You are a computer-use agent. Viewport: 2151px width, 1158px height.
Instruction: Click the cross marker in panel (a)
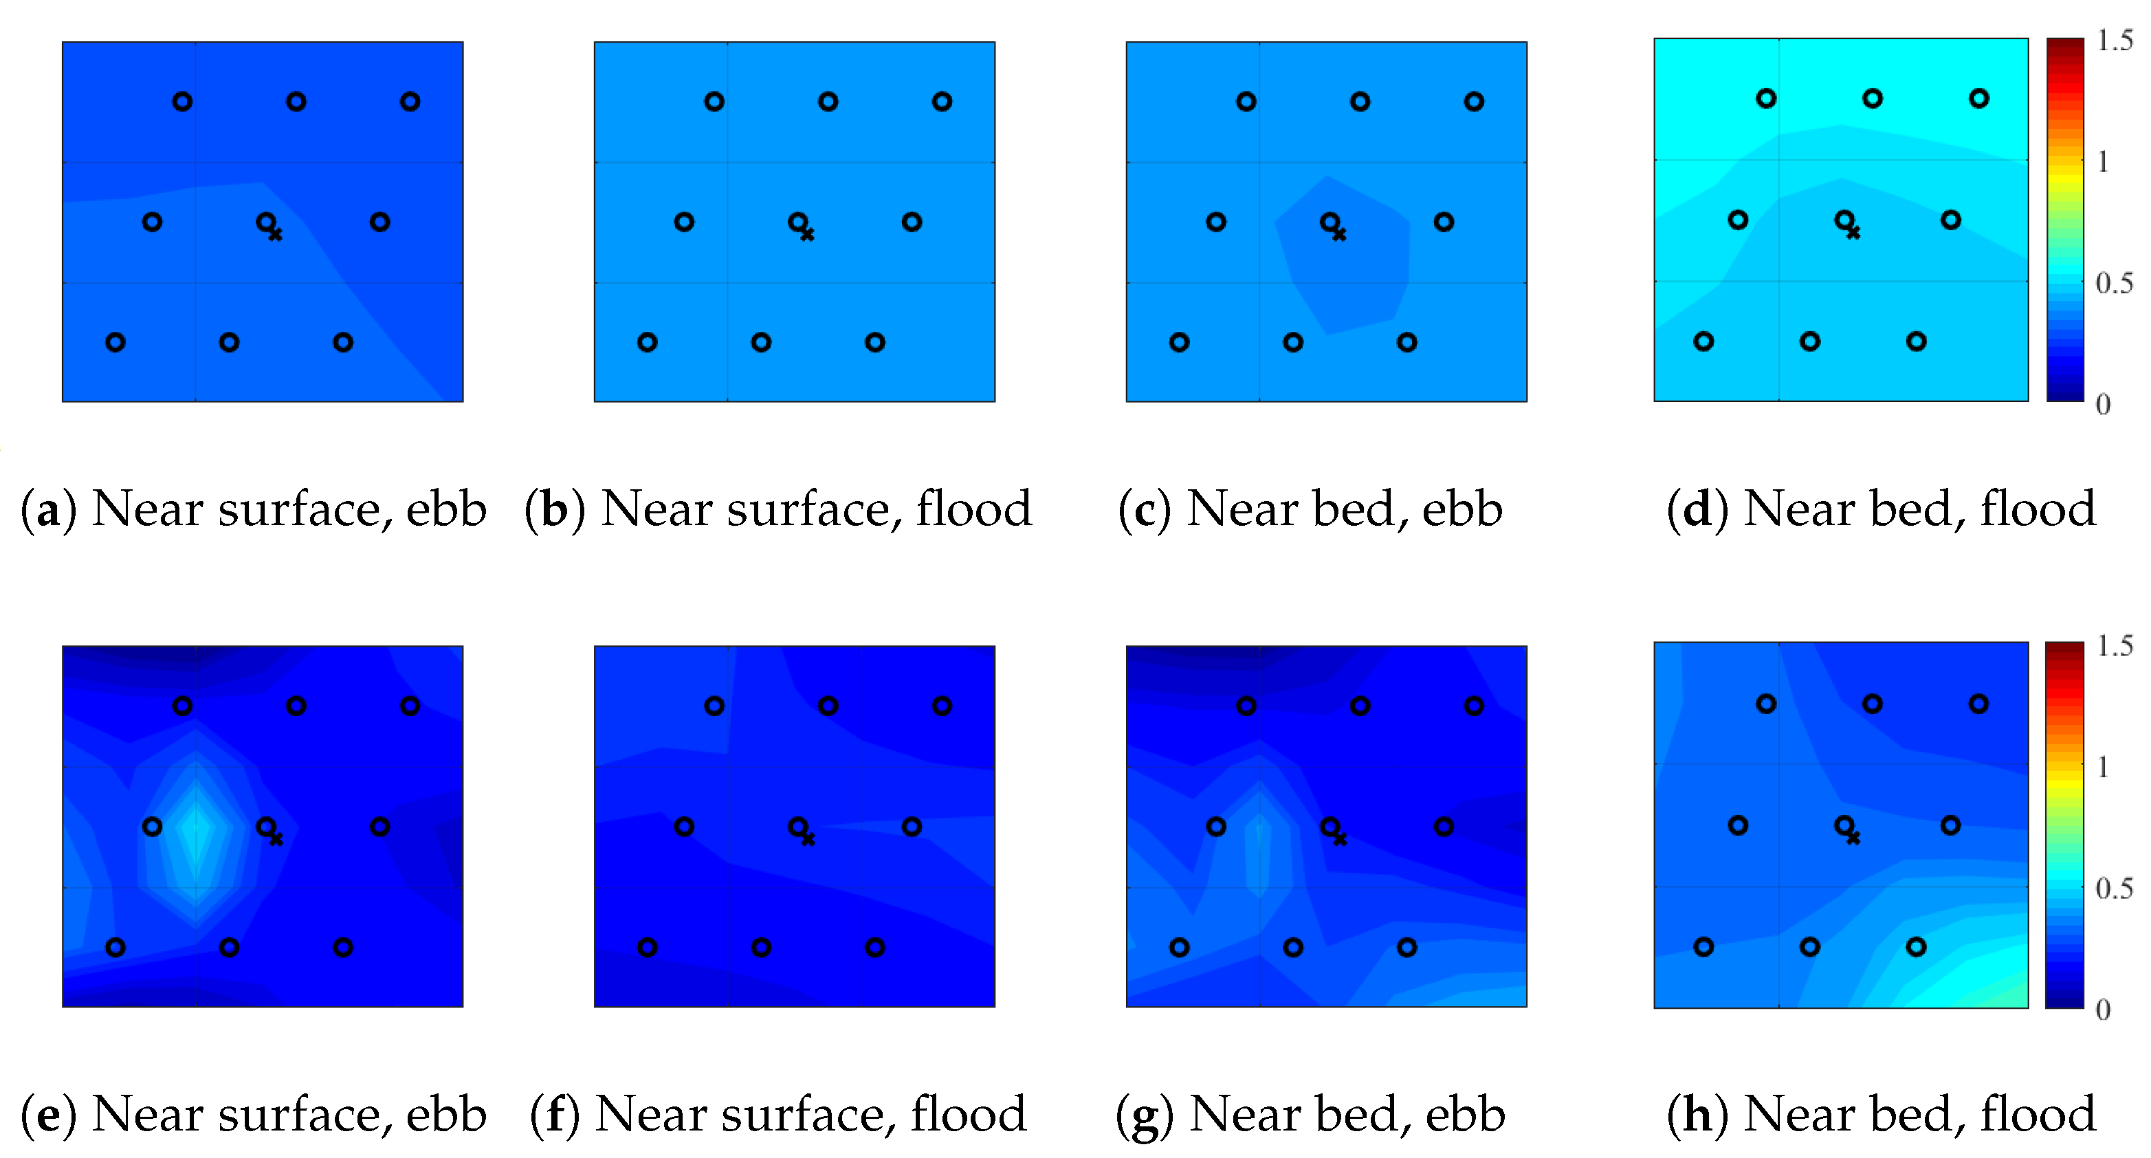click(276, 234)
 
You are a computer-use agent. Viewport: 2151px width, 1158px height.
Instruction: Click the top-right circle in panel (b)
click(942, 102)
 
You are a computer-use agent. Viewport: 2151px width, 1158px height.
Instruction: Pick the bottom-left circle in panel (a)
click(115, 342)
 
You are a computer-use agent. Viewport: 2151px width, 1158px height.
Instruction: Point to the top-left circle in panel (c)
click(1246, 102)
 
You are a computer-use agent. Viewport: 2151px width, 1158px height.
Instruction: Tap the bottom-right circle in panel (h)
click(1917, 947)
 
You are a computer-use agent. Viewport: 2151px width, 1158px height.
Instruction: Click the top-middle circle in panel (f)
click(828, 706)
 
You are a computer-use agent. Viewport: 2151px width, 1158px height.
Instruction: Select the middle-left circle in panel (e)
click(152, 827)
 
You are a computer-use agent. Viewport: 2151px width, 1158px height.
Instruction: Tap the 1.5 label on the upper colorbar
click(2115, 40)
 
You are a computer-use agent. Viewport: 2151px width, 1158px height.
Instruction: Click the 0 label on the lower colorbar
click(2104, 1010)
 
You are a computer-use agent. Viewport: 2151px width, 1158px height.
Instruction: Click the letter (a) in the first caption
click(48, 509)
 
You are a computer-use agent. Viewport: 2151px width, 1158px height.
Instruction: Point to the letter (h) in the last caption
click(1697, 1115)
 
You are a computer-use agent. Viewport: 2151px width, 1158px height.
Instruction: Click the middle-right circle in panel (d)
click(1950, 221)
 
